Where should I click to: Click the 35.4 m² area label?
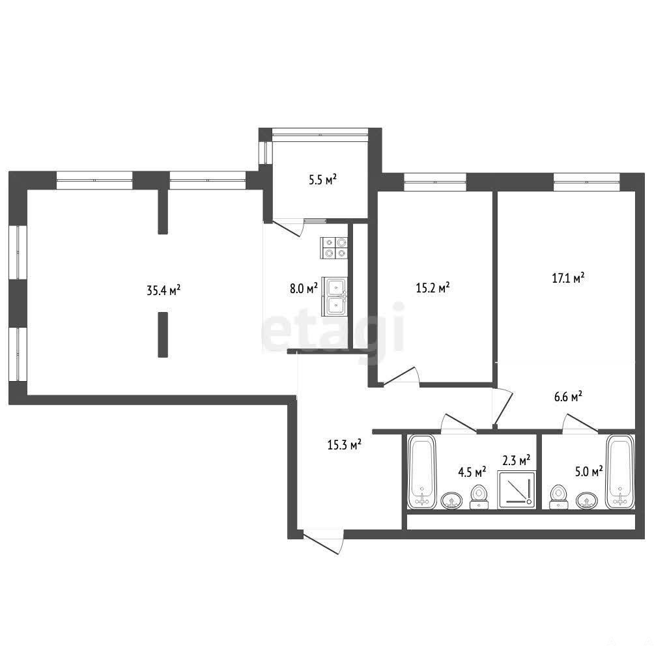[163, 291]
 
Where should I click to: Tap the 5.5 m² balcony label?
[323, 180]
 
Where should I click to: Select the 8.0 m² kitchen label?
[304, 289]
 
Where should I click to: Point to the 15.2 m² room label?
[433, 288]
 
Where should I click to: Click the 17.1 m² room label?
[568, 278]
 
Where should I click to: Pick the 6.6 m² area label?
[568, 397]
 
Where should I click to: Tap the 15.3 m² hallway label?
[344, 445]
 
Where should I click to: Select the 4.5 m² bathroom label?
[472, 472]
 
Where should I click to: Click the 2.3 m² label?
[517, 460]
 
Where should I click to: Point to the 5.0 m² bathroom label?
[589, 471]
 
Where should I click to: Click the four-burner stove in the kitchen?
[335, 248]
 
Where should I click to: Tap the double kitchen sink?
[335, 296]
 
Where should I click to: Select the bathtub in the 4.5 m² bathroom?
[422, 472]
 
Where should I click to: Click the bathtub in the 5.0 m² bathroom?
[620, 472]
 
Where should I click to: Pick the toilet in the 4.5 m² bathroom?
[479, 497]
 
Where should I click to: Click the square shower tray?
[517, 490]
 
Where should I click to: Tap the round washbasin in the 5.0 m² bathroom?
[587, 501]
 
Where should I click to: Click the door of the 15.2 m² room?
[401, 376]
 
